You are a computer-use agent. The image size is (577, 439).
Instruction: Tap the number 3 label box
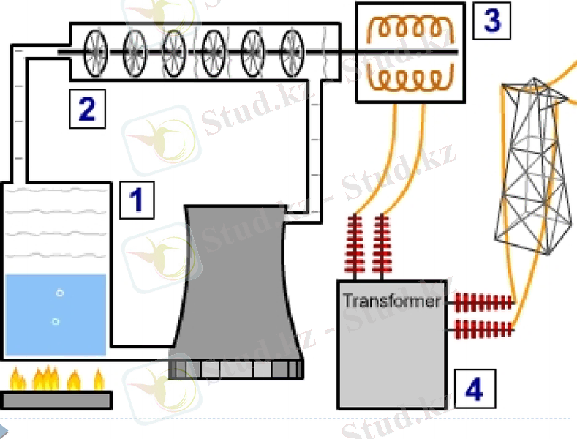[x=491, y=20]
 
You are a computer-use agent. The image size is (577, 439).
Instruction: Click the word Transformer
[x=391, y=301]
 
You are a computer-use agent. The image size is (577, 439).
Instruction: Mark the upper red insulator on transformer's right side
[x=483, y=301]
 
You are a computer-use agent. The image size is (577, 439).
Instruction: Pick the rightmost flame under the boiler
[x=99, y=380]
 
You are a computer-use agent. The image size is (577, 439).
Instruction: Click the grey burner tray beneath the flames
[x=57, y=399]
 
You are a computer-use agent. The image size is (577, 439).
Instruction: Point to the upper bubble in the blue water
[x=60, y=293]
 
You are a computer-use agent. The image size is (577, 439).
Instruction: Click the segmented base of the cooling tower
[x=235, y=368]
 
